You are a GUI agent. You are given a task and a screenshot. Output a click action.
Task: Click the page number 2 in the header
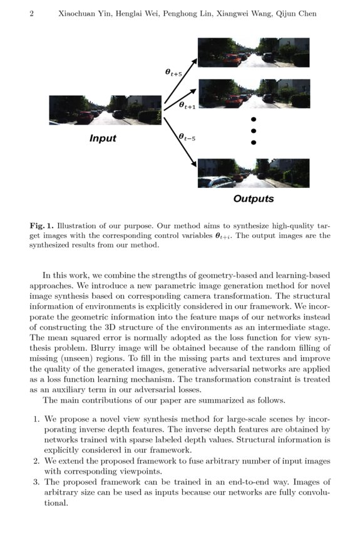tap(31, 14)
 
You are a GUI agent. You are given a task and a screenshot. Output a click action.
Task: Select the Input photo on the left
tap(105, 110)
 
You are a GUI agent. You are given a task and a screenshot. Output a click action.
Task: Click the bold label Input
tap(103, 138)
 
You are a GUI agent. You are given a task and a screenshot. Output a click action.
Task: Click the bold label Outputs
tap(253, 199)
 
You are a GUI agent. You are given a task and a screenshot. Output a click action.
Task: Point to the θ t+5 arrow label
tap(174, 73)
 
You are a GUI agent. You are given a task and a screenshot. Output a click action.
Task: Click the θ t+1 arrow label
tap(187, 106)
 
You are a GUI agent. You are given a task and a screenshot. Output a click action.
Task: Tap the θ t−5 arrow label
tap(187, 137)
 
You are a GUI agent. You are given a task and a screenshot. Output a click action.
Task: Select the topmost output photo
tap(253, 53)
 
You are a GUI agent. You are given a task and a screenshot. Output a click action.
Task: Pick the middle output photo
tap(253, 93)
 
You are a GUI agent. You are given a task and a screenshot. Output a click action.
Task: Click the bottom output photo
tap(253, 174)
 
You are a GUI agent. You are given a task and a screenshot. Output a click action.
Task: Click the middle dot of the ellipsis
tap(254, 131)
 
